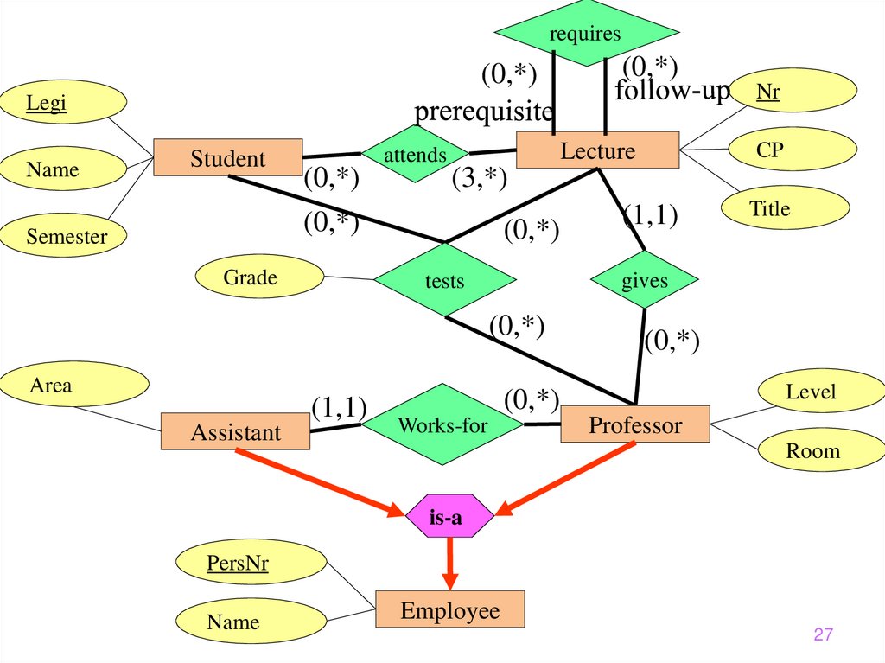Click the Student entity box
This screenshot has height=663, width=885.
(228, 158)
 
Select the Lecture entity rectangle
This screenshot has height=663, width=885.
(598, 151)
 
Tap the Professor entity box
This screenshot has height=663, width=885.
(635, 425)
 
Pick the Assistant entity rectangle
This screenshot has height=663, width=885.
(235, 432)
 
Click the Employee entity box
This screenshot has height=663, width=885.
(449, 611)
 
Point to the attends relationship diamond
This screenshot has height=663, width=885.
(415, 155)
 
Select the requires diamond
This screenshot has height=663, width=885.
(585, 34)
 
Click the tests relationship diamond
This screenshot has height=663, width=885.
(444, 281)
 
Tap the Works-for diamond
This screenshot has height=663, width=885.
(442, 425)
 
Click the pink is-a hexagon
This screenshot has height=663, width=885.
(449, 517)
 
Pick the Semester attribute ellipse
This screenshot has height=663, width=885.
(66, 236)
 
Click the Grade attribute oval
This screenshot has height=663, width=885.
(250, 277)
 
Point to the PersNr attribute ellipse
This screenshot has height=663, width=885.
(238, 564)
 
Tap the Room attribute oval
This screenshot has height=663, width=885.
(812, 450)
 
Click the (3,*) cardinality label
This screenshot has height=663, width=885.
(478, 179)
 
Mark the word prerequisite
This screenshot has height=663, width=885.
(483, 112)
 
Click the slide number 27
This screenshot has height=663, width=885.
(823, 635)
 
